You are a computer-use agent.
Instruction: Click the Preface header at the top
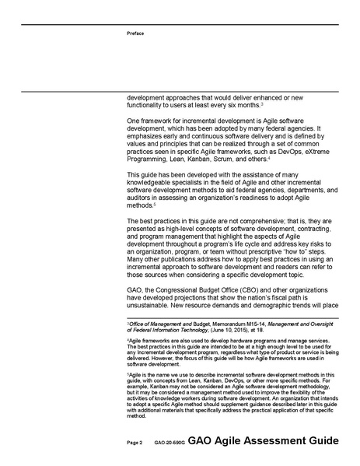pos(135,33)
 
